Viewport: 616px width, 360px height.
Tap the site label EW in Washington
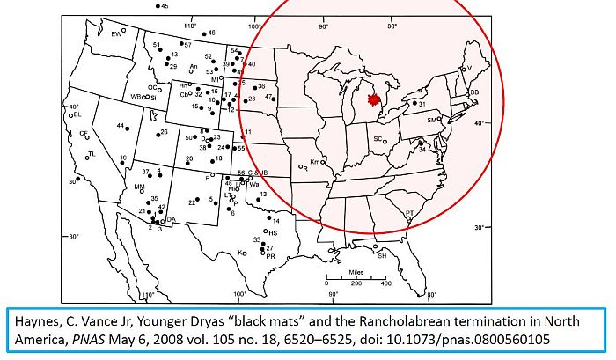point(115,33)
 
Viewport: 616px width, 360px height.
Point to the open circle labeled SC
point(377,139)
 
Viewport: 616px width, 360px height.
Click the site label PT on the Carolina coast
point(409,213)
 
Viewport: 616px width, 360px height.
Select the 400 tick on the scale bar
point(385,284)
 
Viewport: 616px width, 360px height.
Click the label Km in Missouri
point(313,162)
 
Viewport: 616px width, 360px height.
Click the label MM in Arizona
point(139,187)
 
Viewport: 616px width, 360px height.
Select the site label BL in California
point(77,114)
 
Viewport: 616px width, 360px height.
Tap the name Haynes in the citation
point(33,319)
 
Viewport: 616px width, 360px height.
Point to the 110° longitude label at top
point(188,24)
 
